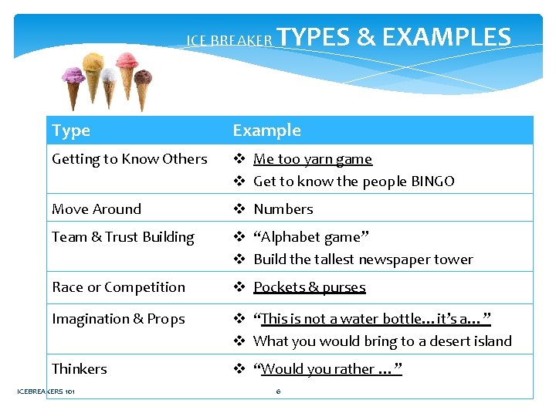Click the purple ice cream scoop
[x=73, y=75]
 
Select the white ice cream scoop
[x=110, y=75]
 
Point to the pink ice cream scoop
[x=125, y=61]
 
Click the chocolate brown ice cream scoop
[x=143, y=77]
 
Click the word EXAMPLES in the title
[x=446, y=37]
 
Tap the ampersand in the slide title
[x=367, y=37]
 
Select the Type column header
[x=71, y=131]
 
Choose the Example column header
[x=266, y=131]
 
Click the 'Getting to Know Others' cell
[x=129, y=159]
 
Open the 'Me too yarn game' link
[x=312, y=159]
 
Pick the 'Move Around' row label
[x=97, y=209]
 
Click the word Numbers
[x=283, y=209]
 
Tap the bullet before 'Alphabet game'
[x=239, y=237]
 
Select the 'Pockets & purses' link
[x=309, y=287]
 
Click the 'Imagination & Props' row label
[x=118, y=319]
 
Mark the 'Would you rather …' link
[x=328, y=369]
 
